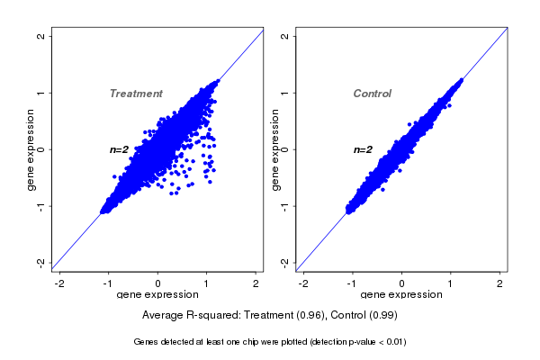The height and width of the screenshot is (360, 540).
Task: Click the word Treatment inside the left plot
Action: click(136, 94)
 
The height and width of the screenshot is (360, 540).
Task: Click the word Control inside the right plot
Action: click(372, 94)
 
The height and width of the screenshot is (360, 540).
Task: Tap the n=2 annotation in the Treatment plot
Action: click(120, 149)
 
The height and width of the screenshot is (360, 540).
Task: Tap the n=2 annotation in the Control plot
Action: click(363, 149)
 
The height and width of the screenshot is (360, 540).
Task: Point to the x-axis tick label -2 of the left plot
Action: click(59, 283)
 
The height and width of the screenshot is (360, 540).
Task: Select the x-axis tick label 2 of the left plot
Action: click(256, 283)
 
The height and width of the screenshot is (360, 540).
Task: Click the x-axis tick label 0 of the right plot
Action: click(402, 283)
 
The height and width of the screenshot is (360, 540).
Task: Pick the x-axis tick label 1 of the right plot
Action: click(451, 283)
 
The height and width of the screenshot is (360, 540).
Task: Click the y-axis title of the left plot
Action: click(31, 149)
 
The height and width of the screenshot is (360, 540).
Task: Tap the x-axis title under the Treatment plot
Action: click(157, 294)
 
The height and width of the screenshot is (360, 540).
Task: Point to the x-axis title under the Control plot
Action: click(401, 294)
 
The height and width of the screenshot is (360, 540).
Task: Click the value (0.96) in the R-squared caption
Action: click(310, 315)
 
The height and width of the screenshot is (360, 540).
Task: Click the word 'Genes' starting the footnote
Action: click(146, 342)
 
